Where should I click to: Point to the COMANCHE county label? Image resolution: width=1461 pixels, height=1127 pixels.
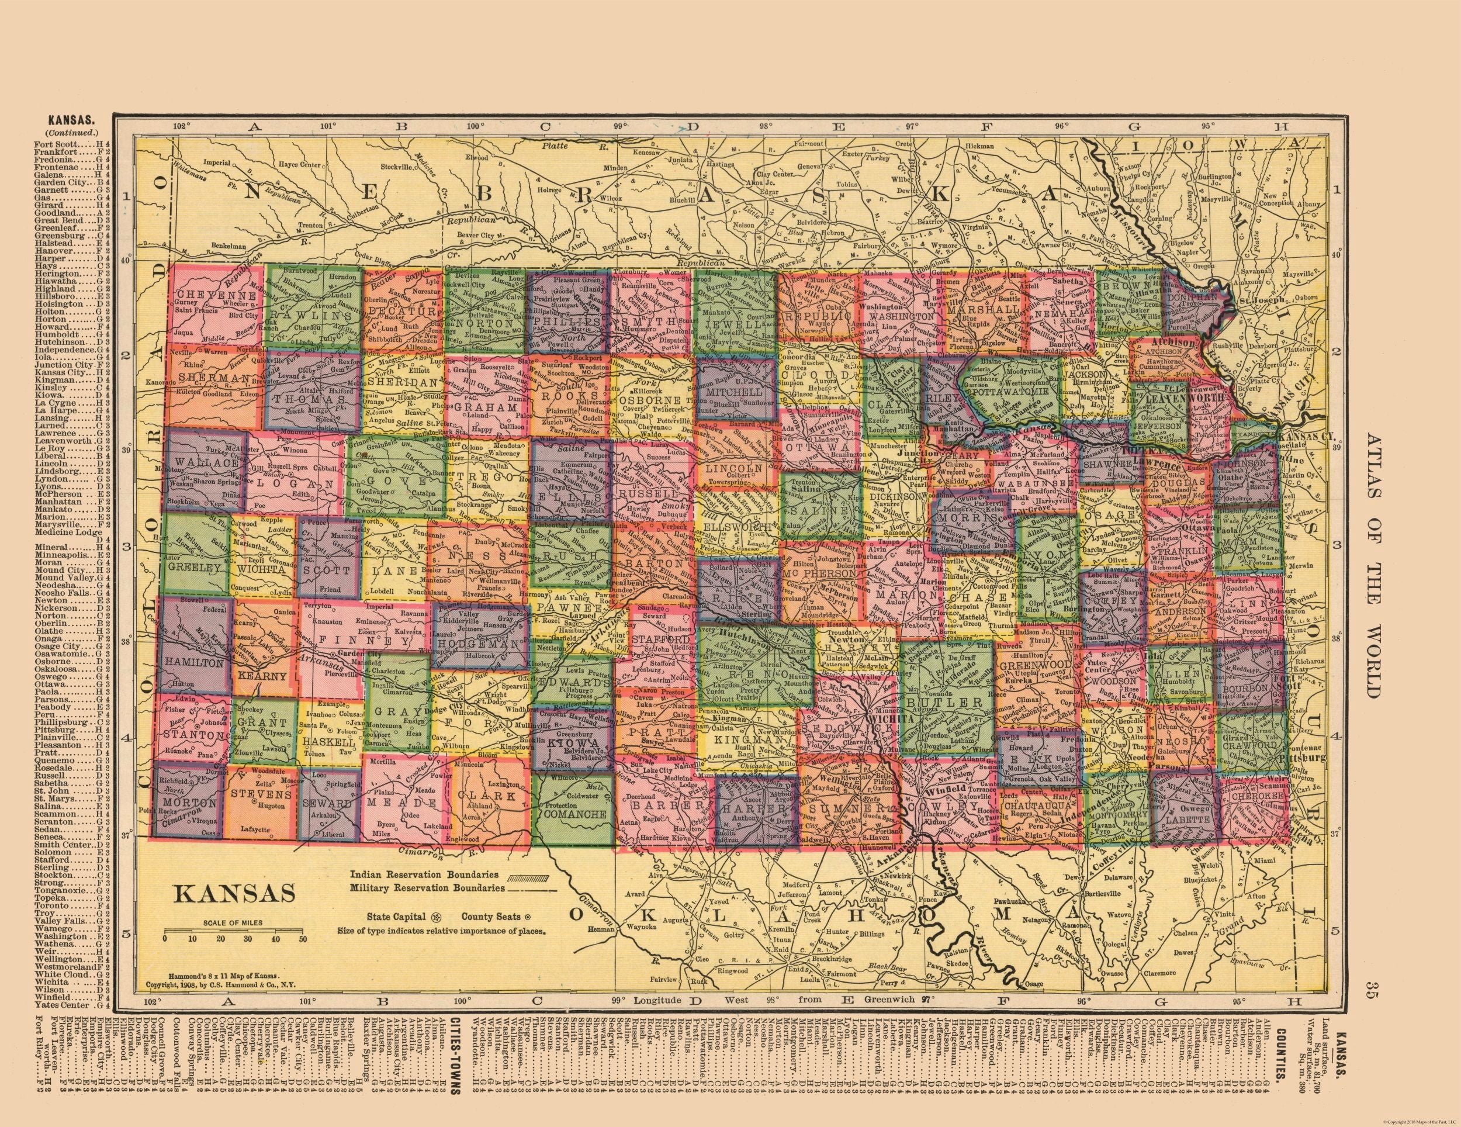tap(575, 814)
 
